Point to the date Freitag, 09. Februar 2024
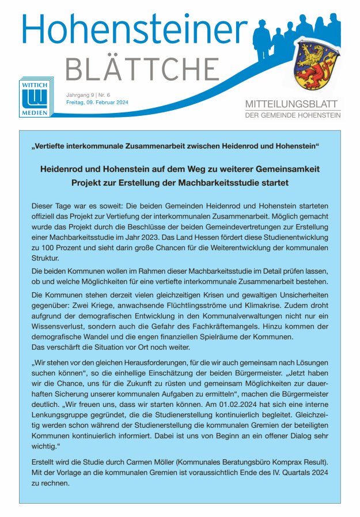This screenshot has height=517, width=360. click(x=97, y=102)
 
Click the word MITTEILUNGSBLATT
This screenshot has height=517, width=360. click(x=293, y=104)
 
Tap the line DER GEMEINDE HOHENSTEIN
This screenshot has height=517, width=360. click(x=293, y=115)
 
